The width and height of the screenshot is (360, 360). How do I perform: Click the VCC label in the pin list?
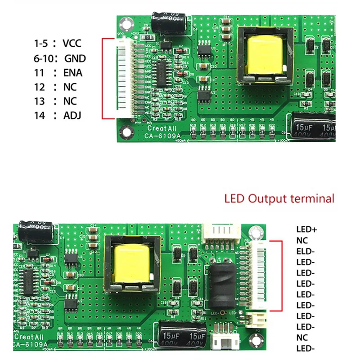(x=72, y=44)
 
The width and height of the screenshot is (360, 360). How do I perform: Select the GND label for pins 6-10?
(x=75, y=58)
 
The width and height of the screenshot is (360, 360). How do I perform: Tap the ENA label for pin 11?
(x=73, y=72)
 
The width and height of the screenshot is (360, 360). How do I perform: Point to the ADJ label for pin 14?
(x=72, y=115)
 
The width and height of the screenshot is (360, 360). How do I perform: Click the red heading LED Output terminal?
(x=279, y=198)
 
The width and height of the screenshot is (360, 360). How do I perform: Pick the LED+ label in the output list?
(x=306, y=229)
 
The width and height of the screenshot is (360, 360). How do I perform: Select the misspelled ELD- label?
(x=306, y=251)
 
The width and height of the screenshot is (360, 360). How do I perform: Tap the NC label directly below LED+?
(x=302, y=240)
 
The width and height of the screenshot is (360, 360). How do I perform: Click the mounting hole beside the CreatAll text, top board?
(x=126, y=131)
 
